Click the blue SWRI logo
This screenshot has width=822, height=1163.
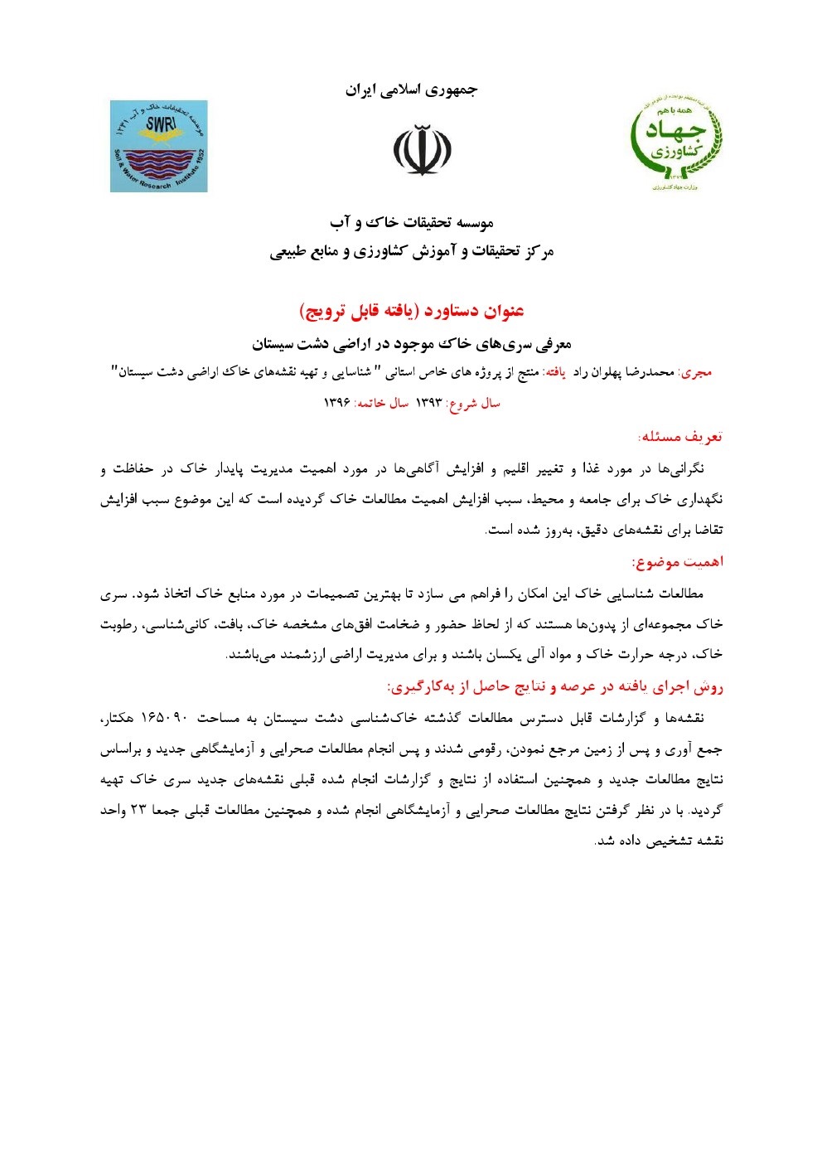159,146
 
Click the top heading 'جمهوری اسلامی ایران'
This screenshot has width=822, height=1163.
411,90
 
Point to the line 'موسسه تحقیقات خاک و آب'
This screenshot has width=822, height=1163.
412,223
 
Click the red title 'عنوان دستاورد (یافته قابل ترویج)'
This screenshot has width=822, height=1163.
412,312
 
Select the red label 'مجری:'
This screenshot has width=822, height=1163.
696,373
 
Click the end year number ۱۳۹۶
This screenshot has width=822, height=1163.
337,404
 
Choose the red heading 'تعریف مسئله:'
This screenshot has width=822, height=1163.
680,437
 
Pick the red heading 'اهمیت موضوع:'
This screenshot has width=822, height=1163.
678,563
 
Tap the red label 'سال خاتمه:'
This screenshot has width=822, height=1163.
382,404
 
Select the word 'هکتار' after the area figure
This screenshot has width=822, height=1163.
120,718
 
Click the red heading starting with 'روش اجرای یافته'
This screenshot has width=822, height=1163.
555,686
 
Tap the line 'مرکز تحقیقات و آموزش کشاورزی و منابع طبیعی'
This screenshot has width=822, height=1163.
412,252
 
